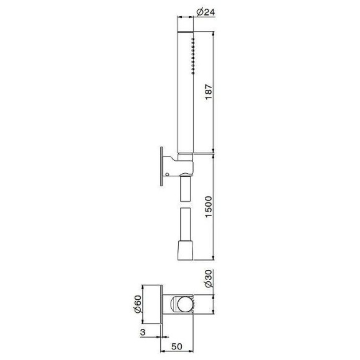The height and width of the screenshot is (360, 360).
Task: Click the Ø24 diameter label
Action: click(205, 11)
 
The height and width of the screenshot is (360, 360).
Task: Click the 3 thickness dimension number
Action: click(143, 335)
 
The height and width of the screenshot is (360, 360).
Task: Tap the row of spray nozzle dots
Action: click(192, 53)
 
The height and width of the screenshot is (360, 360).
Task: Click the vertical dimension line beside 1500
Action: click(214, 205)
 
